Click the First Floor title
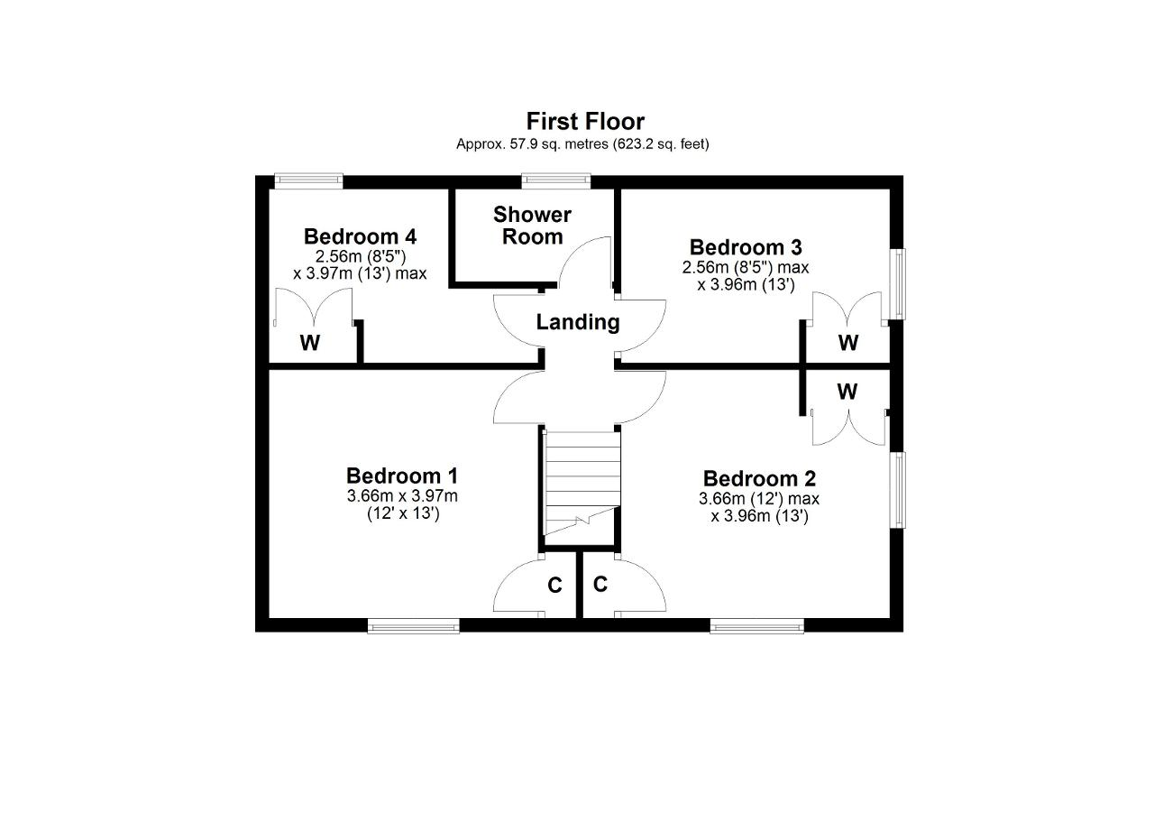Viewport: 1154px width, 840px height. pos(585,122)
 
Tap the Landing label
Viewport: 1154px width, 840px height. pos(578,322)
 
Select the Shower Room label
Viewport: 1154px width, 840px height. pos(532,226)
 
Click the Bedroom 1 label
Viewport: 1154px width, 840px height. pos(402,475)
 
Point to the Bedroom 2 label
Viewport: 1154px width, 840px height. pos(759,478)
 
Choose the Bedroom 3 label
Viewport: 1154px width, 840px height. pos(746,247)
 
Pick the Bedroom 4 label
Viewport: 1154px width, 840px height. pos(360,236)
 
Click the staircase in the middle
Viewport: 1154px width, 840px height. pos(582,484)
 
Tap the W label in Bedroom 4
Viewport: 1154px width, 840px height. pos(309,342)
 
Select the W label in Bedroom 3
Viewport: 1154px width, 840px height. pos(848,342)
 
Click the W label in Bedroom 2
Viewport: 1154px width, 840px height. pos(847,392)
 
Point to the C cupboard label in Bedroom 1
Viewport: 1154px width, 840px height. pos(554,586)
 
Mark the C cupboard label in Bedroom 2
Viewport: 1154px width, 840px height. pos(600,585)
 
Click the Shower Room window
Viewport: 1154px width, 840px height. pos(556,180)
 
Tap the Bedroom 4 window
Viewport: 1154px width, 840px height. pos(308,180)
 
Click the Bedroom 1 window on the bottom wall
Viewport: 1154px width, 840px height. pos(414,627)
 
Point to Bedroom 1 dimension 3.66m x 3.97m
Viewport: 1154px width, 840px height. pos(402,496)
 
